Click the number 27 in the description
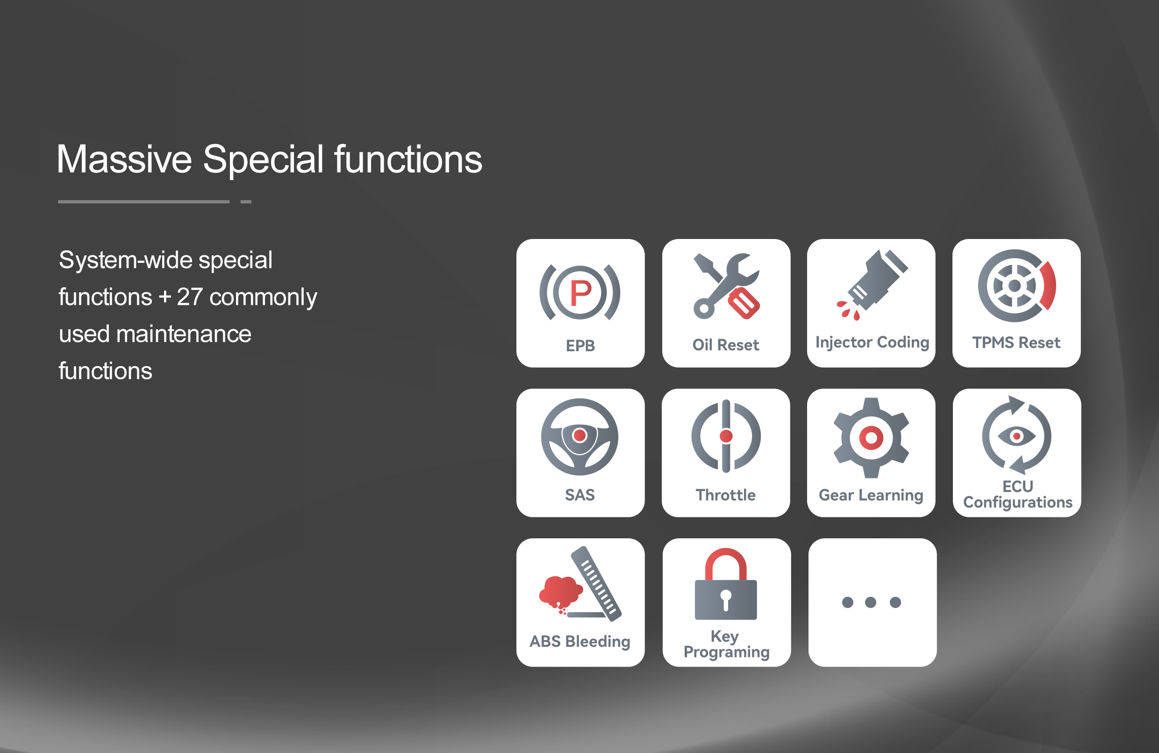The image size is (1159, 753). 189,297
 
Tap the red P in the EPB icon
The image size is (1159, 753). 580,293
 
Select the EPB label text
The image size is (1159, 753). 580,346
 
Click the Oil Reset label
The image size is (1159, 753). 726,345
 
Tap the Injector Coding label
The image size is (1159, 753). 872,343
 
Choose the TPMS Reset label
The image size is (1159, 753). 1016,343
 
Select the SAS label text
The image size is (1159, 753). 579,495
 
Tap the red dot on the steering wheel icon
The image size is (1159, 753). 579,435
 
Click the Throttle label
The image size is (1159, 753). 726,495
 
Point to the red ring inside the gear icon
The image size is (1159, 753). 871,438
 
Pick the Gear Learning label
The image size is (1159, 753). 871,495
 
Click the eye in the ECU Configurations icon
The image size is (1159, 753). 1016,436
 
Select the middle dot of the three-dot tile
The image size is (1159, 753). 871,602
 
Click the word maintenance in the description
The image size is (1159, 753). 184,334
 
